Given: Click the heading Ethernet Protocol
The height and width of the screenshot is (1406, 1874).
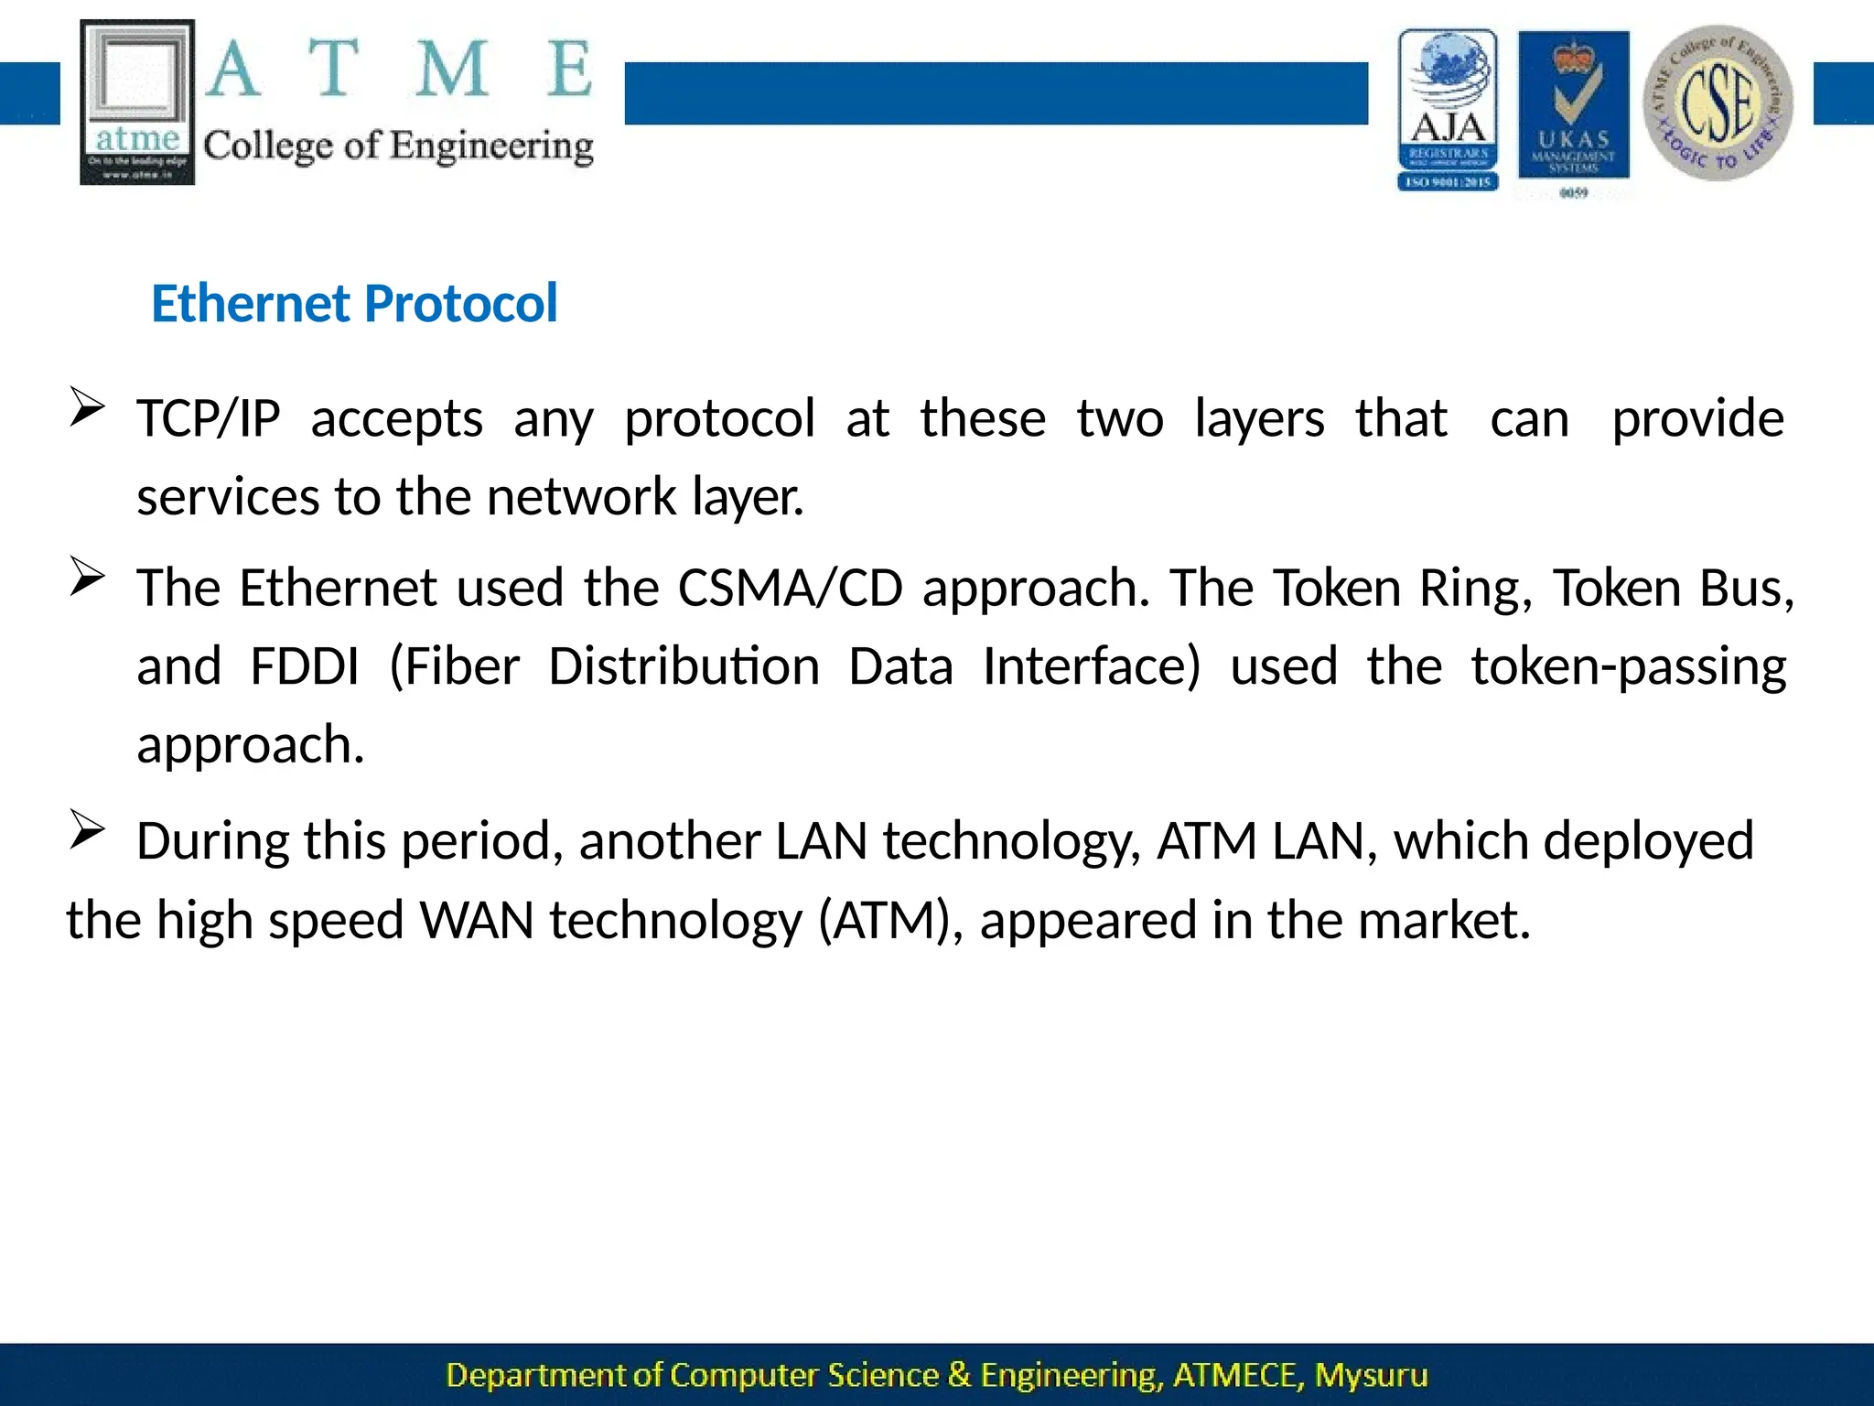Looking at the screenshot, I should (x=354, y=304).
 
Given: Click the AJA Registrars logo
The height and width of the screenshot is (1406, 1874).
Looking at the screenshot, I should (x=1448, y=110).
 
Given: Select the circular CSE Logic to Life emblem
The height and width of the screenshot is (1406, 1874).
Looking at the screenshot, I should (x=1718, y=103).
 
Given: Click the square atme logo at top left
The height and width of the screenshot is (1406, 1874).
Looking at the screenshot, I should (x=137, y=102).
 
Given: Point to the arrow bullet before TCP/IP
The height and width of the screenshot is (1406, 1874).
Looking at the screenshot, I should (x=87, y=407).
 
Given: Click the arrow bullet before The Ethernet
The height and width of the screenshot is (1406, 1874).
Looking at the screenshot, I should (x=87, y=577).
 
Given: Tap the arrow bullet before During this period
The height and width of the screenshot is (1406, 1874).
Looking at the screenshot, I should (x=87, y=830).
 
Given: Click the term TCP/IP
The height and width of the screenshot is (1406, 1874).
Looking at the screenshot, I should (x=209, y=419).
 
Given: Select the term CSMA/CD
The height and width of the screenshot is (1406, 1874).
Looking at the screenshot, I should (x=790, y=588).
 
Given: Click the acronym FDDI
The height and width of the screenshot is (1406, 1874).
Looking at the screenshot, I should (x=304, y=666).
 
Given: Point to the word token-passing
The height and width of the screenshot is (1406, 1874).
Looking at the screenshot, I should (x=1629, y=666).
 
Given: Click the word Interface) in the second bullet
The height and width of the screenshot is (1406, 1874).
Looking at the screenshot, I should (x=1091, y=666).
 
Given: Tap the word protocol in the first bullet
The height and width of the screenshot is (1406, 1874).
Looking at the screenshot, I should (x=719, y=419).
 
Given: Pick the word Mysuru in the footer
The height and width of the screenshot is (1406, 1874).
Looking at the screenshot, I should (x=1371, y=1375).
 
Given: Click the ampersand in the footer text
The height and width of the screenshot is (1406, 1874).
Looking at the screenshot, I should (x=959, y=1375).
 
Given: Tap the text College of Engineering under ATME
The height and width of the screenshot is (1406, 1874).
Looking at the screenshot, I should (x=398, y=146).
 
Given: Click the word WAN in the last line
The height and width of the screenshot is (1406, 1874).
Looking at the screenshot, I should (x=476, y=920).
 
